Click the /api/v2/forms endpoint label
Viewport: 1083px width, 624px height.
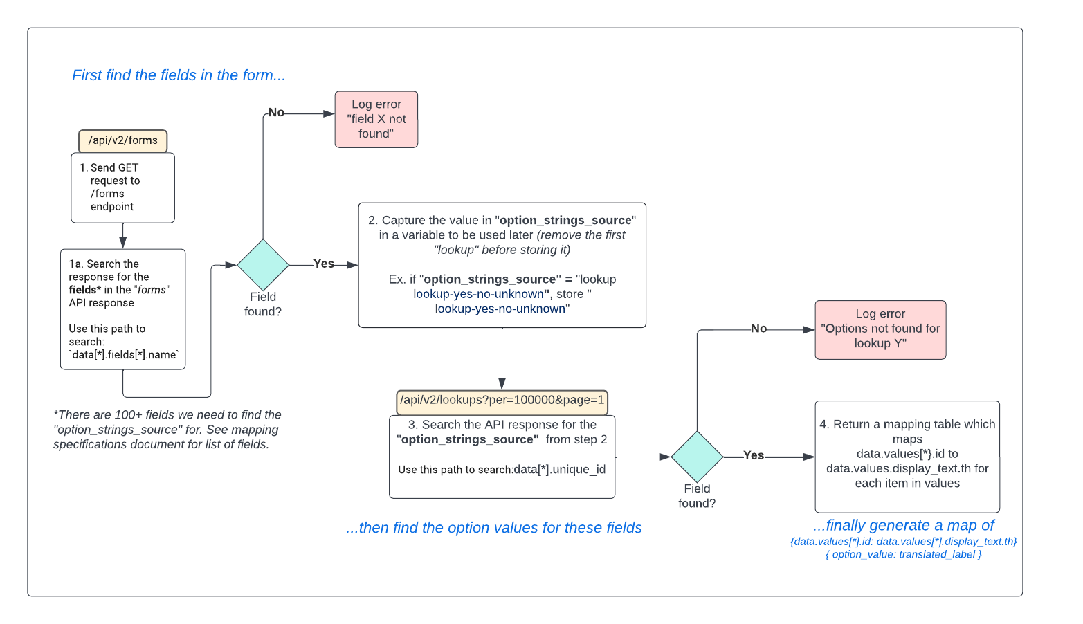122,140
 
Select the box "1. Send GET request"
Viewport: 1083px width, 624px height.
122,187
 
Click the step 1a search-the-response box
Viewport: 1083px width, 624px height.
122,309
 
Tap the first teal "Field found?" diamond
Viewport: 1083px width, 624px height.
263,265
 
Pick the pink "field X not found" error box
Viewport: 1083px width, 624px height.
376,119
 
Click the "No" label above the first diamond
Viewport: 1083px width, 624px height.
276,112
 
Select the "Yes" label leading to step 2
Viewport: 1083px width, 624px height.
323,264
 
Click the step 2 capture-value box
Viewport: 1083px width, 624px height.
502,265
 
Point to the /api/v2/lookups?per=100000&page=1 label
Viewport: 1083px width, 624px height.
502,401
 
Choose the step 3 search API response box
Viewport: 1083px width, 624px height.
502,456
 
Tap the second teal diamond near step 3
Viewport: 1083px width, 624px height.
697,457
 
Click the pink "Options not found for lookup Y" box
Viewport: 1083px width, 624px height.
880,329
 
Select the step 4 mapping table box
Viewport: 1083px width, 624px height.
907,456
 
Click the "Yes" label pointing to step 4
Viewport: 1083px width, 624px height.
753,455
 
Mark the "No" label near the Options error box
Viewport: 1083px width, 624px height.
758,329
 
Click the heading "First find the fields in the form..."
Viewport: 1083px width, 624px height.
179,75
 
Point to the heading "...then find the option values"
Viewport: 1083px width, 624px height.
493,528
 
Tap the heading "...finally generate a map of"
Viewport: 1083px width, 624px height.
903,526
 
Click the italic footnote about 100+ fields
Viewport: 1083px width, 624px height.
167,430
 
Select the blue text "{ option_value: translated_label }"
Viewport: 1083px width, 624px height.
903,555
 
